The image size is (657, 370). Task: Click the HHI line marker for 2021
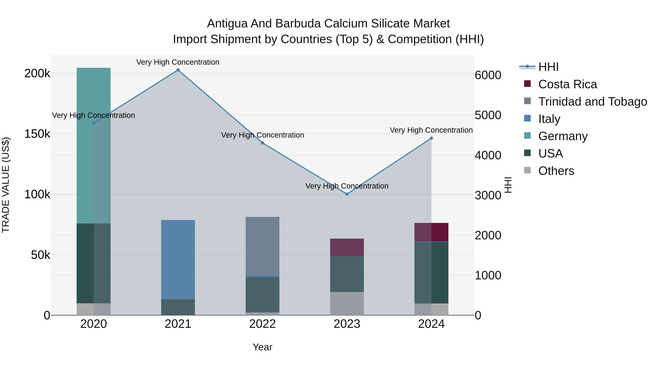178,70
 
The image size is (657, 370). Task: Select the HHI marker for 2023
347,194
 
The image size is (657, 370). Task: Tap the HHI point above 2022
262,143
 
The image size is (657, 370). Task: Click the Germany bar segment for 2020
94,146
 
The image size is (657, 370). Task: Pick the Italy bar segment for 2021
178,259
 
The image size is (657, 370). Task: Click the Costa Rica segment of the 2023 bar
347,247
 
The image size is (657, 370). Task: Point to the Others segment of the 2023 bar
347,303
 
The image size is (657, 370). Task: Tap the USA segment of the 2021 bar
178,307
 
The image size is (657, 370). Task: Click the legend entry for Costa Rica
567,84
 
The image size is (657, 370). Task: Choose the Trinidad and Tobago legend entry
592,102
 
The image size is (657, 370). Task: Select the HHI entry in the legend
548,67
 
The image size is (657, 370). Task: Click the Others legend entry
556,171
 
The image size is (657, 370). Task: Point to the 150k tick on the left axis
37,134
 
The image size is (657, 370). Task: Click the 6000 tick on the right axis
488,75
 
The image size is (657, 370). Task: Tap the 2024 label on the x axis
431,324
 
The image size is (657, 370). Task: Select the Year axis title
262,347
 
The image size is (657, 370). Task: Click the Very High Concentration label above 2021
178,62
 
